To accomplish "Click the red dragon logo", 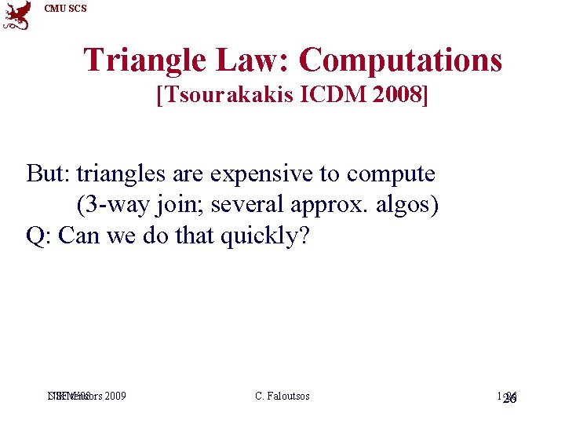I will (16, 15).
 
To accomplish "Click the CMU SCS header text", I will (66, 9).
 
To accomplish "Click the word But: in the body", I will (48, 174).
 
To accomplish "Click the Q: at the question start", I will (38, 236).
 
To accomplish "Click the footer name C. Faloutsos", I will (282, 397).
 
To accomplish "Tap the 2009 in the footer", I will (115, 397).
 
